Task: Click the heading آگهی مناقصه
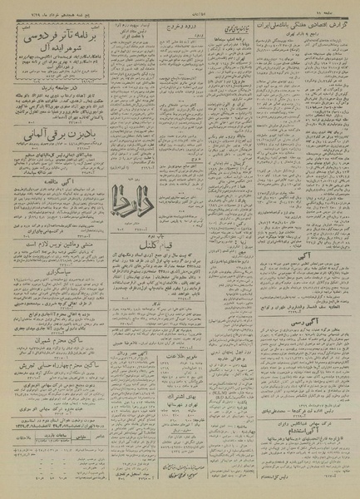[x=51, y=176]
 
